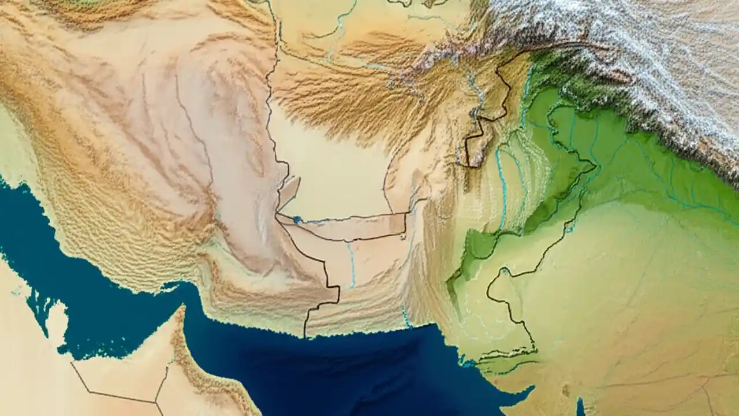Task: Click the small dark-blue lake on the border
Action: pos(297,220)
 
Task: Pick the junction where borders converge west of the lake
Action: pos(277,215)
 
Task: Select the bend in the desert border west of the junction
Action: pos(72,364)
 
